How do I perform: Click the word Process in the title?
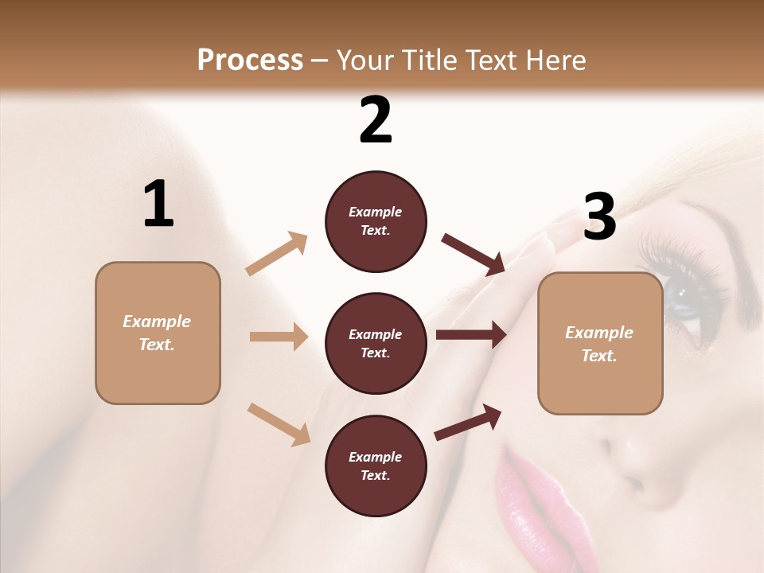pyautogui.click(x=250, y=60)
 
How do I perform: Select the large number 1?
pyautogui.click(x=158, y=204)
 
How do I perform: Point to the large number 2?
pyautogui.click(x=376, y=120)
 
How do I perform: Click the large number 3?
pyautogui.click(x=599, y=216)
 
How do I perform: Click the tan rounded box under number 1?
pyautogui.click(x=158, y=333)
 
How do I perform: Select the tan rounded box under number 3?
pyautogui.click(x=600, y=344)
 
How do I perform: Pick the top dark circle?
pyautogui.click(x=376, y=221)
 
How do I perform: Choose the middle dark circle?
pyautogui.click(x=376, y=344)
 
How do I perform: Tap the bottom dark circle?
pyautogui.click(x=376, y=466)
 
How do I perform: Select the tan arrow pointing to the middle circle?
pyautogui.click(x=279, y=337)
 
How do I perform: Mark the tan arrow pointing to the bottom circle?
pyautogui.click(x=279, y=423)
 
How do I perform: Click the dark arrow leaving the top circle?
pyautogui.click(x=473, y=255)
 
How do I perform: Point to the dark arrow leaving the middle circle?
pyautogui.click(x=471, y=334)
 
